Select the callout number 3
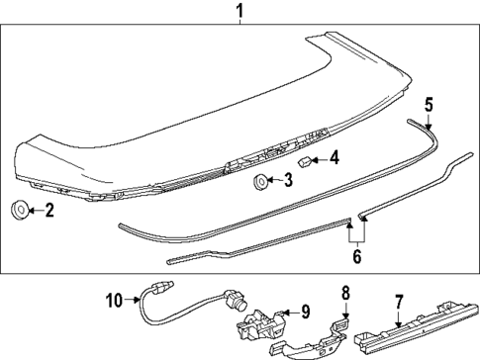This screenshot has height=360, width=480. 287,180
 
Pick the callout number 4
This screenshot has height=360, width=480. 334,156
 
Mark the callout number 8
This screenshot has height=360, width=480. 344,293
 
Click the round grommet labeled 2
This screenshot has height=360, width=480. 19,210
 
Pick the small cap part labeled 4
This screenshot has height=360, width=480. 305,158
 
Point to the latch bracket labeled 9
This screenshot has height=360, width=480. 260,315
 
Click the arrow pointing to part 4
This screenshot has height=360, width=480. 320,157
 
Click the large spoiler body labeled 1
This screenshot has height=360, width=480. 198,109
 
